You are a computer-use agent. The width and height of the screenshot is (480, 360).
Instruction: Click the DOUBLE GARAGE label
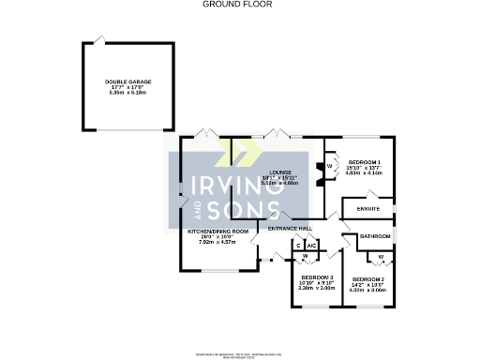[127, 82]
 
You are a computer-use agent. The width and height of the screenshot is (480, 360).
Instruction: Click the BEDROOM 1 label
[358, 163]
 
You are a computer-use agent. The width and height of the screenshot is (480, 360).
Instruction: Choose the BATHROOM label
[375, 236]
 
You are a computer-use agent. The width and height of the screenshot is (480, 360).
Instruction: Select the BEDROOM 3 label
[316, 277]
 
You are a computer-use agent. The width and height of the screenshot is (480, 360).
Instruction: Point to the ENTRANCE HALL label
[290, 228]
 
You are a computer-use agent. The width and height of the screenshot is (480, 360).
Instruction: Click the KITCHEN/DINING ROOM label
[217, 231]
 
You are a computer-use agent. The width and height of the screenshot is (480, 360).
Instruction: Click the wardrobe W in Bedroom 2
[381, 256]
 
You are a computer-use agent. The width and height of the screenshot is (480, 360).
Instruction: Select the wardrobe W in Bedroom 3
[305, 256]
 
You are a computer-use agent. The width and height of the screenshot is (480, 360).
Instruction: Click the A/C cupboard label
[310, 245]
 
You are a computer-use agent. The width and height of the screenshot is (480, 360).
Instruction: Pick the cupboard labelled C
[298, 245]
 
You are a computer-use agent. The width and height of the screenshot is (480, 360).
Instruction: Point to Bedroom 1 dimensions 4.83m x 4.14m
[358, 174]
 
